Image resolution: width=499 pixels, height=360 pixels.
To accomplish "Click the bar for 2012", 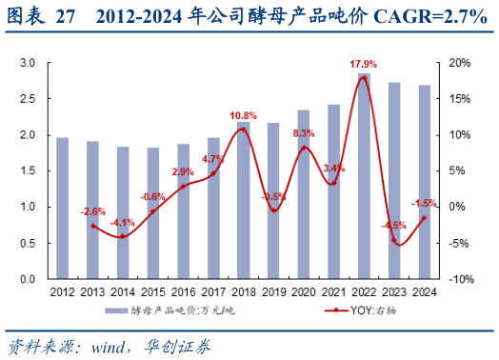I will pyautogui.click(x=62, y=209).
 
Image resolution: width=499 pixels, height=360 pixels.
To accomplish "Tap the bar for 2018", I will pyautogui.click(x=243, y=200).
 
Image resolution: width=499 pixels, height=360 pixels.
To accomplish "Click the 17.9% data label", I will pyautogui.click(x=362, y=64).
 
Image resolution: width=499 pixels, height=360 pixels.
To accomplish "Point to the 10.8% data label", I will pyautogui.click(x=243, y=116).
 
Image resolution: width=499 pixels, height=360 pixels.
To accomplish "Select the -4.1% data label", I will pyautogui.click(x=121, y=222).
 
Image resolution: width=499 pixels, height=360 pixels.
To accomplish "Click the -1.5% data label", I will pyautogui.click(x=425, y=203).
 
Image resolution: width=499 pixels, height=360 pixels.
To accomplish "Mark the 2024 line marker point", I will pyautogui.click(x=424, y=218).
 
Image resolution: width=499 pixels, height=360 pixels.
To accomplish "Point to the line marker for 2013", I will pyautogui.click(x=92, y=226).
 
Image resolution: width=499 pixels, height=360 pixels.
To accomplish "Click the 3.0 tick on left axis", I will pyautogui.click(x=28, y=63).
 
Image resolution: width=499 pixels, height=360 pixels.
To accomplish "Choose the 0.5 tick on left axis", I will pyautogui.click(x=28, y=243).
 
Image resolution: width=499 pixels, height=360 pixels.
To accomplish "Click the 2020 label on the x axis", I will pyautogui.click(x=303, y=291).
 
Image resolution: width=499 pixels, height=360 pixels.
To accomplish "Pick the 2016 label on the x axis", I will pyautogui.click(x=183, y=291).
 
